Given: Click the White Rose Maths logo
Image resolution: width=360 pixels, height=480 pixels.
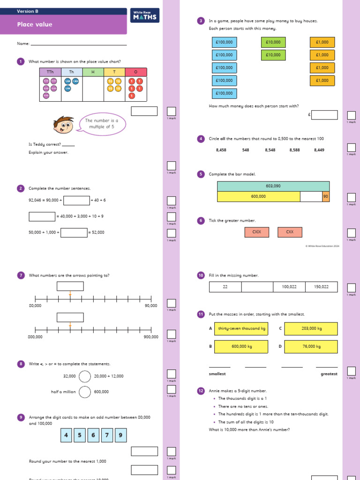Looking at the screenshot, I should [x=145, y=15].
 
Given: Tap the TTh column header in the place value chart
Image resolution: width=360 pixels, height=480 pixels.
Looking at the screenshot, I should [x=50, y=72].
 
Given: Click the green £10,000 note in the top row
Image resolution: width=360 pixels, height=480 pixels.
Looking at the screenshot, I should [x=273, y=42].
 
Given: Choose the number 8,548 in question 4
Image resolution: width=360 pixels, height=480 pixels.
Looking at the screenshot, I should [x=270, y=150].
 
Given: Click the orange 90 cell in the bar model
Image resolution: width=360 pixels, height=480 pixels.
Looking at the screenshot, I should [x=325, y=196].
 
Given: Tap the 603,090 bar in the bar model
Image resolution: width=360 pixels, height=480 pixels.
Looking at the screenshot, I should [x=273, y=186].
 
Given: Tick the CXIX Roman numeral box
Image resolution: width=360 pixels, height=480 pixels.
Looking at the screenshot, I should [x=256, y=232].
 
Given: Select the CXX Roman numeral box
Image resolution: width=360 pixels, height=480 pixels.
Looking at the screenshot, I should [x=290, y=232].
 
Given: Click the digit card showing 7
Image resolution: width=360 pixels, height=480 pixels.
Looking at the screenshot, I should [x=107, y=435].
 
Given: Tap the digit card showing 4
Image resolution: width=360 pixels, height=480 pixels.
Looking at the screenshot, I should [x=66, y=435].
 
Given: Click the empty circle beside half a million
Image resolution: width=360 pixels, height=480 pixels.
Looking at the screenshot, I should [x=85, y=392].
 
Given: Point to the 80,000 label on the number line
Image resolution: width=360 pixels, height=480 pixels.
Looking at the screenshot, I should [x=35, y=306].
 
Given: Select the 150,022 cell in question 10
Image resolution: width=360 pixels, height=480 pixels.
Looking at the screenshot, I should [x=321, y=287].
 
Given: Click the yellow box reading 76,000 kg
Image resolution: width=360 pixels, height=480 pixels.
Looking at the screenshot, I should [x=310, y=346].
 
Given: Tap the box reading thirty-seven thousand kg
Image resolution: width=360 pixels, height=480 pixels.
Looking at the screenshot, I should [x=241, y=329].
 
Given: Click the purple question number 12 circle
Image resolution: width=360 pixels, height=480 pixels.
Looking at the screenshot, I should [x=201, y=390].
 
